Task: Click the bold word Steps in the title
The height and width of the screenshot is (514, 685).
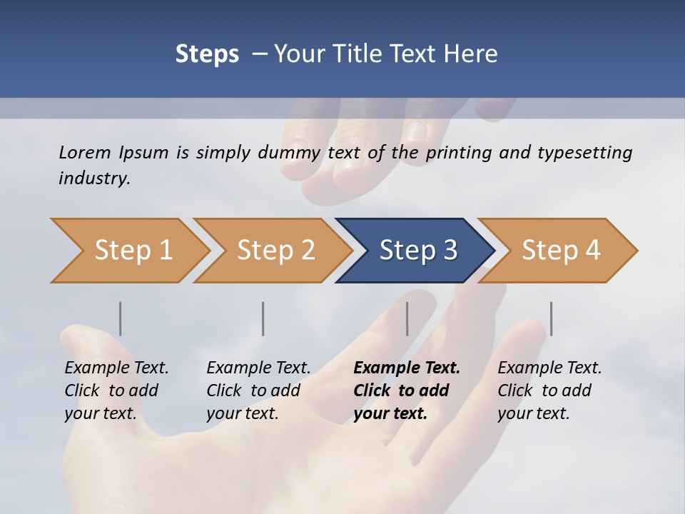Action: (x=207, y=54)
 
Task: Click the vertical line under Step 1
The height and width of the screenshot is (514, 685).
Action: (x=121, y=318)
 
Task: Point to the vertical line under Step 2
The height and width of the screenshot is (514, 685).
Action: (x=263, y=318)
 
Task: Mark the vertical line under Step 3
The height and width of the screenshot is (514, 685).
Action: (x=407, y=318)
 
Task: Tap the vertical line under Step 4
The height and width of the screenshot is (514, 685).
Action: (x=551, y=318)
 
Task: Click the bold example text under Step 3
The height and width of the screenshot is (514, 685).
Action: (x=407, y=390)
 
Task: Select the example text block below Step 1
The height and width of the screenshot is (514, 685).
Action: (x=116, y=390)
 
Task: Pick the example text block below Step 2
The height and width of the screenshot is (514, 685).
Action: (x=258, y=390)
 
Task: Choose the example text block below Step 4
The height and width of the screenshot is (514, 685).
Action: (x=549, y=390)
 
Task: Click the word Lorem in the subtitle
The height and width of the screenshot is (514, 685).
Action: (x=84, y=152)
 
